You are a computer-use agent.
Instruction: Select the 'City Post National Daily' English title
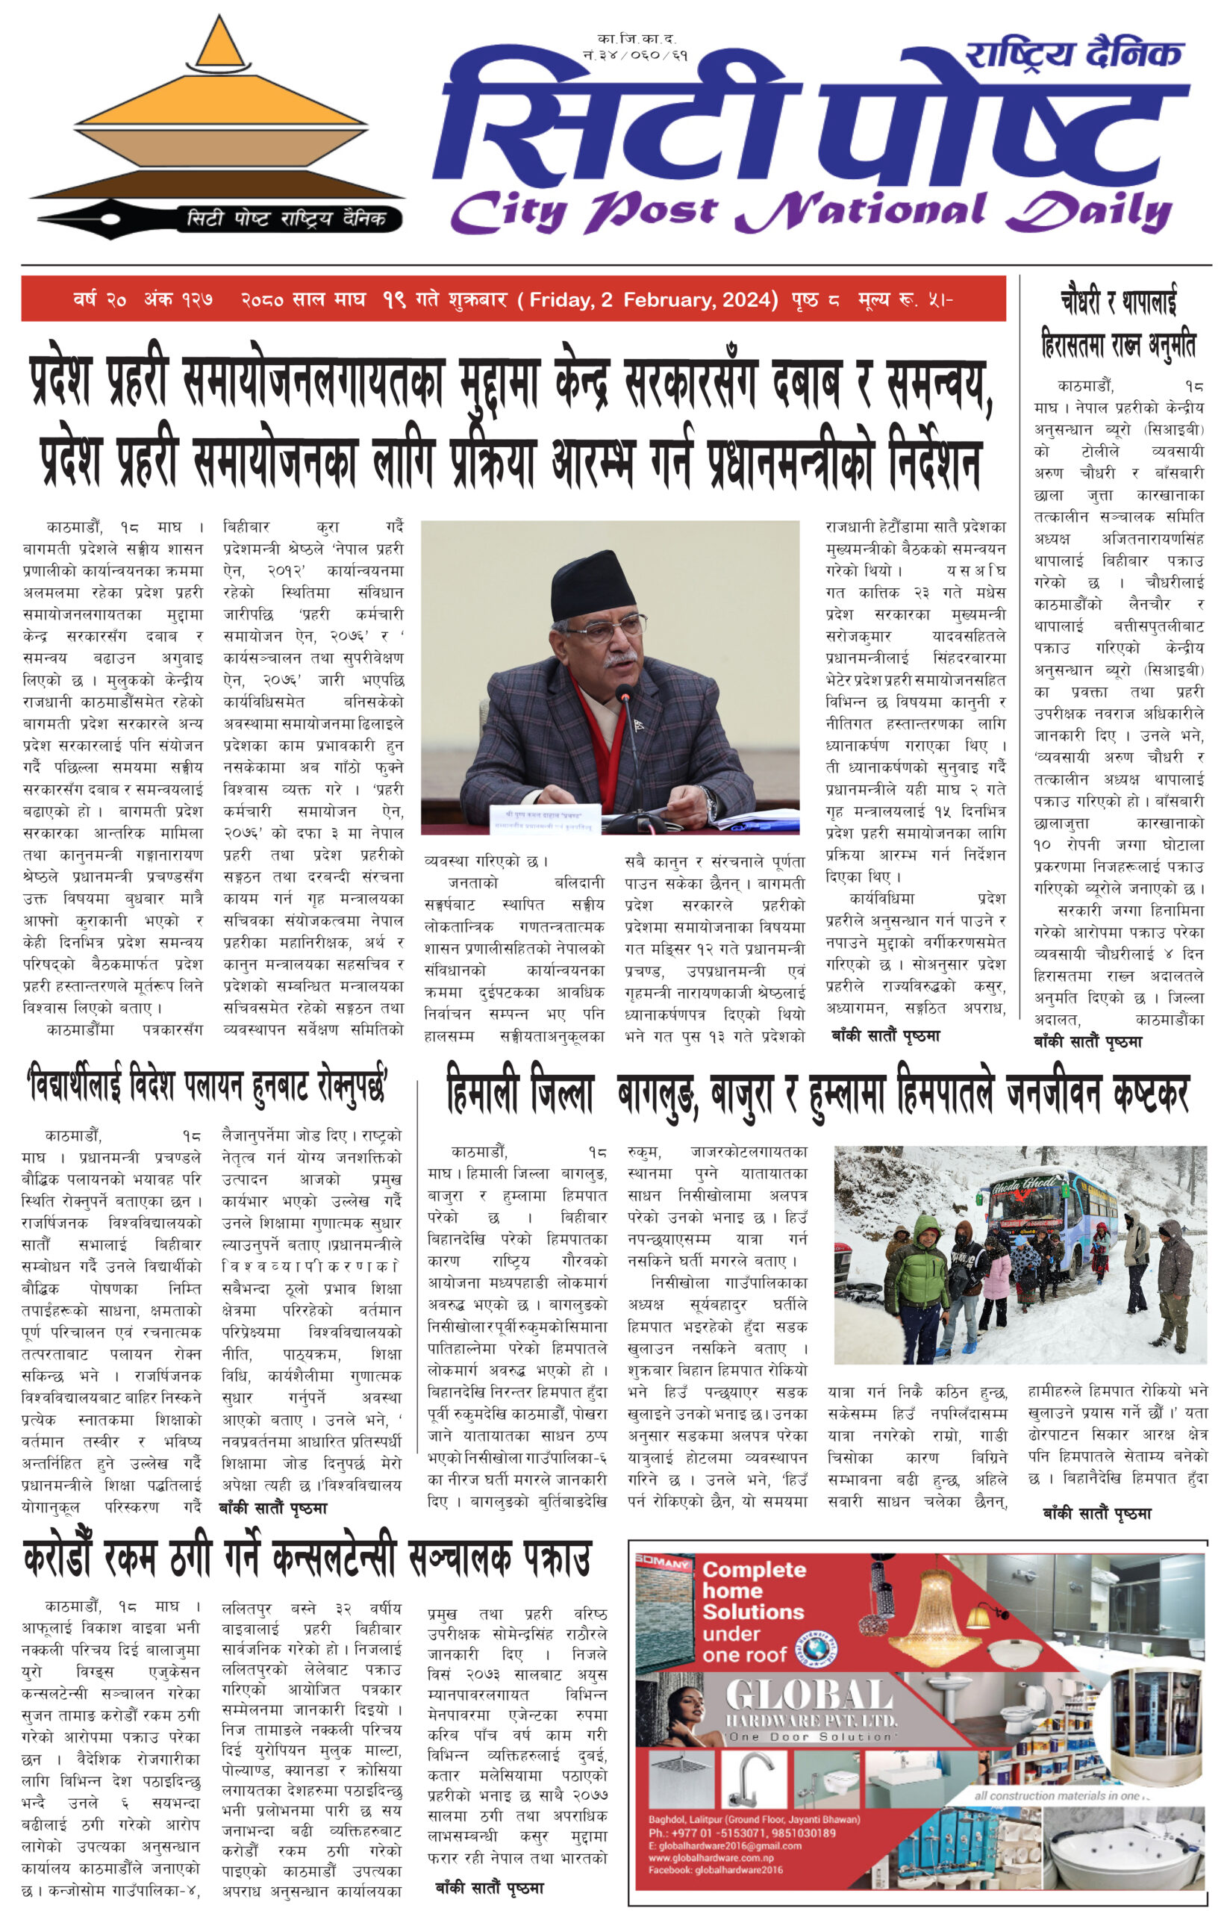click(x=811, y=211)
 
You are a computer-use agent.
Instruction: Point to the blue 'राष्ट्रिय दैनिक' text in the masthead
click(x=1073, y=54)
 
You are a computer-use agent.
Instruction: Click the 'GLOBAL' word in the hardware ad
click(x=809, y=1695)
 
